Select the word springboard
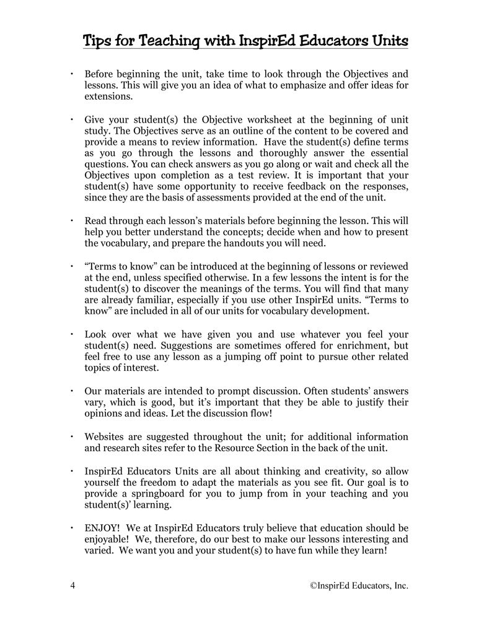148,494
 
